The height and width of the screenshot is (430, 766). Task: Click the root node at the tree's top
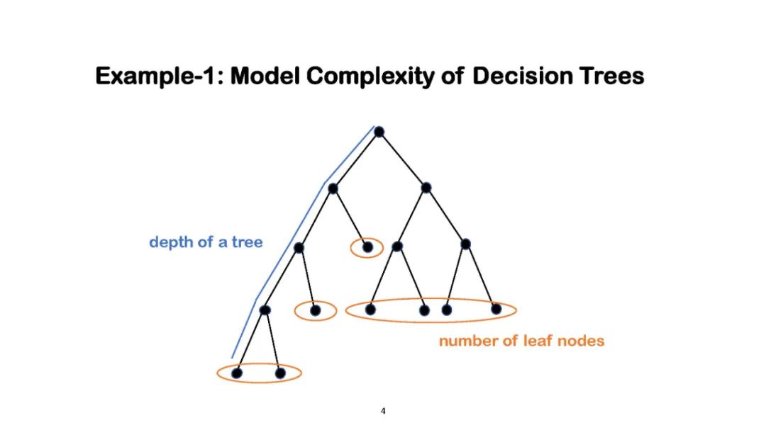click(379, 131)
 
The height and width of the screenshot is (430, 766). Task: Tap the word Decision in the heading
click(515, 76)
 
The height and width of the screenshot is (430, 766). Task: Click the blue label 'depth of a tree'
click(206, 242)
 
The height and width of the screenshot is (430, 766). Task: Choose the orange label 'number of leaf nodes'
click(521, 341)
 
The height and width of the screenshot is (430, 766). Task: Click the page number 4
click(383, 411)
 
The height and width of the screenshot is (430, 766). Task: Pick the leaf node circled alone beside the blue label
click(367, 247)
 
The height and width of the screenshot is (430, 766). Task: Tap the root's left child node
click(333, 188)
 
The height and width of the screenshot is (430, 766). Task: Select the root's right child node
click(426, 188)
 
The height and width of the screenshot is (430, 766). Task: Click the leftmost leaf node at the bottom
click(237, 373)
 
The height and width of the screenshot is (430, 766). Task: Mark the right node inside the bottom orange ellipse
click(280, 373)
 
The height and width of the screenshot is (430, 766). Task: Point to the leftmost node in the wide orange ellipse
click(370, 309)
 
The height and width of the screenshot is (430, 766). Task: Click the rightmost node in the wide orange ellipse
click(496, 309)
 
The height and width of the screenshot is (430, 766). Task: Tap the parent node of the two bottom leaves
click(265, 310)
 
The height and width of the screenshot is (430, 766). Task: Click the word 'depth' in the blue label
click(169, 242)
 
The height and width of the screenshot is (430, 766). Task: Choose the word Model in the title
click(262, 76)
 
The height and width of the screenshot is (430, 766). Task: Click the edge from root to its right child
click(402, 159)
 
